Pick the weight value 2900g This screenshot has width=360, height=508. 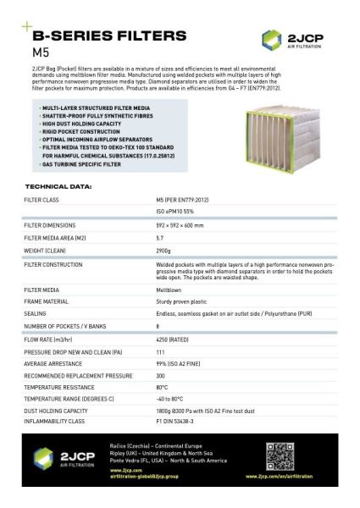164,251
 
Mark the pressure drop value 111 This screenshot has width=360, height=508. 160,351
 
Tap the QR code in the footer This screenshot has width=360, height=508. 279,456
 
